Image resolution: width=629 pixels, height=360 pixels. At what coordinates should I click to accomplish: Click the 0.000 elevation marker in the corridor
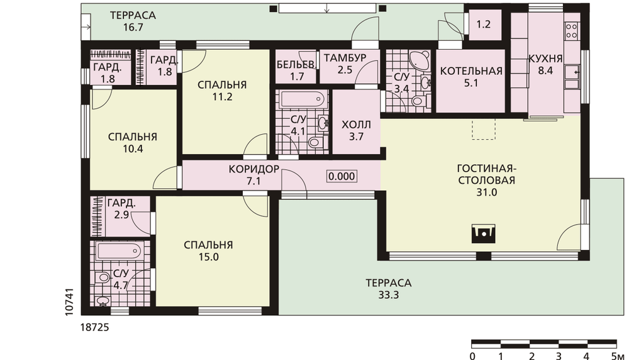(342, 176)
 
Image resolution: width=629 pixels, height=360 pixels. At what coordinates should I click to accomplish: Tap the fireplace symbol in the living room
(483, 233)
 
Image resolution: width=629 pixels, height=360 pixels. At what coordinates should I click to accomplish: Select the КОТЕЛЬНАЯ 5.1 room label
(471, 77)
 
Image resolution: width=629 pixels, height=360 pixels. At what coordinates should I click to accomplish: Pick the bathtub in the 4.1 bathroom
(303, 99)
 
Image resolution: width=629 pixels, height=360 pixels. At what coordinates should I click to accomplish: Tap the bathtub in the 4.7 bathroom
(119, 251)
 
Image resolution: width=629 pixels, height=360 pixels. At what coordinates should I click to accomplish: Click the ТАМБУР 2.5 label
(345, 64)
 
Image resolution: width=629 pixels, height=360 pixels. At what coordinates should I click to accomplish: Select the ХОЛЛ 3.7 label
(356, 130)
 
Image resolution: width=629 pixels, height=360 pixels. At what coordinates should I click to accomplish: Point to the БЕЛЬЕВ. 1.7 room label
(296, 70)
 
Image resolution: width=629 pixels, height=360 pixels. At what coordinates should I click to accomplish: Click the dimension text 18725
(95, 327)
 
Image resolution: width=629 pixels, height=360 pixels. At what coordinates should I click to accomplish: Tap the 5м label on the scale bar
(618, 356)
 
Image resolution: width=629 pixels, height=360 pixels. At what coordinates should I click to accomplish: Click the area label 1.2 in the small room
(483, 25)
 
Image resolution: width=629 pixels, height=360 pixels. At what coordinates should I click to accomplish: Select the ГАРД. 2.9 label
(121, 209)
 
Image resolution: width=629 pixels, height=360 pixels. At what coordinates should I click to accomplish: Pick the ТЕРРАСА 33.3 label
(388, 289)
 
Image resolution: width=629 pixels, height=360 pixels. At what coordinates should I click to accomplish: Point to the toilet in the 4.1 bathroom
(315, 142)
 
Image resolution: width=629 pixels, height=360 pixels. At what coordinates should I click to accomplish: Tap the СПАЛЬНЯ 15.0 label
(208, 251)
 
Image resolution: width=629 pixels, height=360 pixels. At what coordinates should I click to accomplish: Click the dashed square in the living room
(484, 129)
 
